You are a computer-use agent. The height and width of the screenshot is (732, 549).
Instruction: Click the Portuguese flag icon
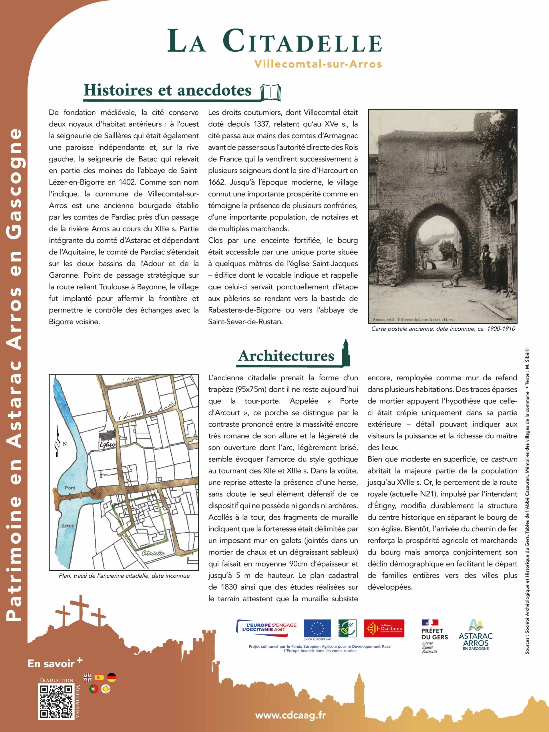tap(94, 689)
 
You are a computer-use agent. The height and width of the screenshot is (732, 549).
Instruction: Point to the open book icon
tap(271, 92)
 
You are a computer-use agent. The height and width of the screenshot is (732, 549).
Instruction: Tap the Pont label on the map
tap(70, 488)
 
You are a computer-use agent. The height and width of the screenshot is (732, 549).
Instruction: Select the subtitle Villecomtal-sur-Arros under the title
tap(318, 64)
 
